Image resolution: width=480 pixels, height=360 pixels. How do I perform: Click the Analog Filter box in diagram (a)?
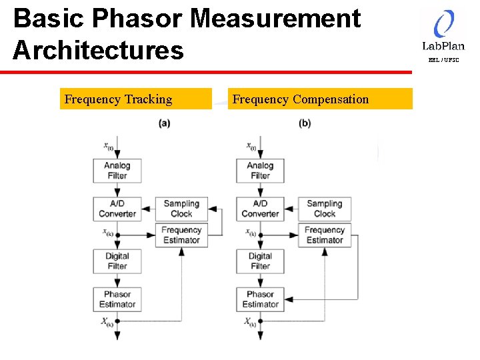(x=117, y=171)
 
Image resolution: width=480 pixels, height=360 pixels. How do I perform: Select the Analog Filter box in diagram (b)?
(x=260, y=171)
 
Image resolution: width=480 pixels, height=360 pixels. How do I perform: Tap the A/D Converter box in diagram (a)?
(x=117, y=209)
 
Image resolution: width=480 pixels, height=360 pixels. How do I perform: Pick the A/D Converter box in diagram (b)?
(x=260, y=209)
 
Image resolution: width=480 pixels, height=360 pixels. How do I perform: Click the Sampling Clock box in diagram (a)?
(x=181, y=209)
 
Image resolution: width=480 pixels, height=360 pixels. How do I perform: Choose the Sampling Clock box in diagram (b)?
(x=325, y=209)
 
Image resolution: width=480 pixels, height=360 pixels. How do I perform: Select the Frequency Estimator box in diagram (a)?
(x=181, y=235)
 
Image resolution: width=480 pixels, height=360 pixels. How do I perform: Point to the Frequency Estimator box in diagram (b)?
(x=325, y=235)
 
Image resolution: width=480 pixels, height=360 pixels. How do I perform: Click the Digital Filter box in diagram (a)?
(x=117, y=261)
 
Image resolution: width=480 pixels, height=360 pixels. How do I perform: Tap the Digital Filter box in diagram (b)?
(x=260, y=261)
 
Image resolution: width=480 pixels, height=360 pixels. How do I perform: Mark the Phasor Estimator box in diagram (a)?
(x=117, y=299)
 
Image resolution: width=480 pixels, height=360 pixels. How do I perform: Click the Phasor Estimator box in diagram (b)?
(x=260, y=299)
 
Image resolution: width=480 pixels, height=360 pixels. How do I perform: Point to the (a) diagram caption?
(x=164, y=123)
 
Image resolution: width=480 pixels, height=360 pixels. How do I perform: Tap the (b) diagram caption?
(x=305, y=123)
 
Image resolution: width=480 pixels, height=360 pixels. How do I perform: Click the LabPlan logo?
(x=443, y=31)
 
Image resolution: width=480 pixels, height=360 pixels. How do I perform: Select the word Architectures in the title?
(x=98, y=50)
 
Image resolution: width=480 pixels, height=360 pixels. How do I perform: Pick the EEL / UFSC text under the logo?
(x=443, y=60)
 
